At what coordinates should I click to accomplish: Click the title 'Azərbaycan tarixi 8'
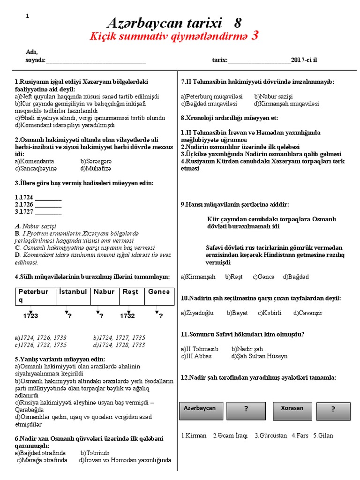click(x=174, y=22)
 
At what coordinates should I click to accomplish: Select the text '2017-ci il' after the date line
click(x=307, y=60)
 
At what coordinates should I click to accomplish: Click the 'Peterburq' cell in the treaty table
click(x=33, y=295)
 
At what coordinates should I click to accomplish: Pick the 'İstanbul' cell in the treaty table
click(x=73, y=292)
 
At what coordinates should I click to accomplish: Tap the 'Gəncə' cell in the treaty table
click(x=158, y=292)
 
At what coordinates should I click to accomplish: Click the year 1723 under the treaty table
click(x=30, y=316)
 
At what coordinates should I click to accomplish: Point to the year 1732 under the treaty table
click(x=127, y=316)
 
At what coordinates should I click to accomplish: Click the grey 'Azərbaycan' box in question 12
click(x=200, y=410)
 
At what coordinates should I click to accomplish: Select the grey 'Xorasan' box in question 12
click(x=292, y=410)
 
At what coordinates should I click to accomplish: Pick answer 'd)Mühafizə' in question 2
click(x=96, y=168)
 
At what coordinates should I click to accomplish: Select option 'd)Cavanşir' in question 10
click(x=308, y=313)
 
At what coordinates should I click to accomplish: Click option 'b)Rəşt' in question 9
click(x=233, y=277)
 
